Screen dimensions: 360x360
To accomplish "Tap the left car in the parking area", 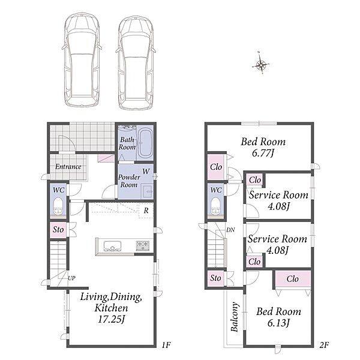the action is click(82, 61).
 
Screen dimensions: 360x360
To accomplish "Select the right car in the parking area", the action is click(136, 62).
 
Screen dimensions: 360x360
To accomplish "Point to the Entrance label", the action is click(68, 166).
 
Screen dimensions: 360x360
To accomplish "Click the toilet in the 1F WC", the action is click(58, 206).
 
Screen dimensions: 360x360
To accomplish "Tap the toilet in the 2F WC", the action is click(215, 206).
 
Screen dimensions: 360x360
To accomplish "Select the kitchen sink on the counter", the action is click(113, 245).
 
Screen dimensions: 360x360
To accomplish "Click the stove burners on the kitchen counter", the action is click(143, 245).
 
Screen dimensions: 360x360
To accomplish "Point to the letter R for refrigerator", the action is click(146, 211).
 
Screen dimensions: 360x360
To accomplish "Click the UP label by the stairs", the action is click(71, 278).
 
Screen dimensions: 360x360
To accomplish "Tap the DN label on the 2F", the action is click(230, 230).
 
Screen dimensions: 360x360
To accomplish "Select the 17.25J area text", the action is click(111, 319).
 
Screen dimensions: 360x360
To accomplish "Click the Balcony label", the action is click(235, 317).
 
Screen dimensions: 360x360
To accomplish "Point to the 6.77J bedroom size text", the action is click(263, 153).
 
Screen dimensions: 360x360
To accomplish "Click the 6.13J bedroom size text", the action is click(278, 323).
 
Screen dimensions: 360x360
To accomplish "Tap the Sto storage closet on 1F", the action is click(58, 230).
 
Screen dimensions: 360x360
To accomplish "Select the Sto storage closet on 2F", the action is click(215, 278).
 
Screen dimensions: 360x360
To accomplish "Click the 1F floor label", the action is click(166, 345).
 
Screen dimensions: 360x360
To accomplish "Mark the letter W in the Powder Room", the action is click(146, 171).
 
